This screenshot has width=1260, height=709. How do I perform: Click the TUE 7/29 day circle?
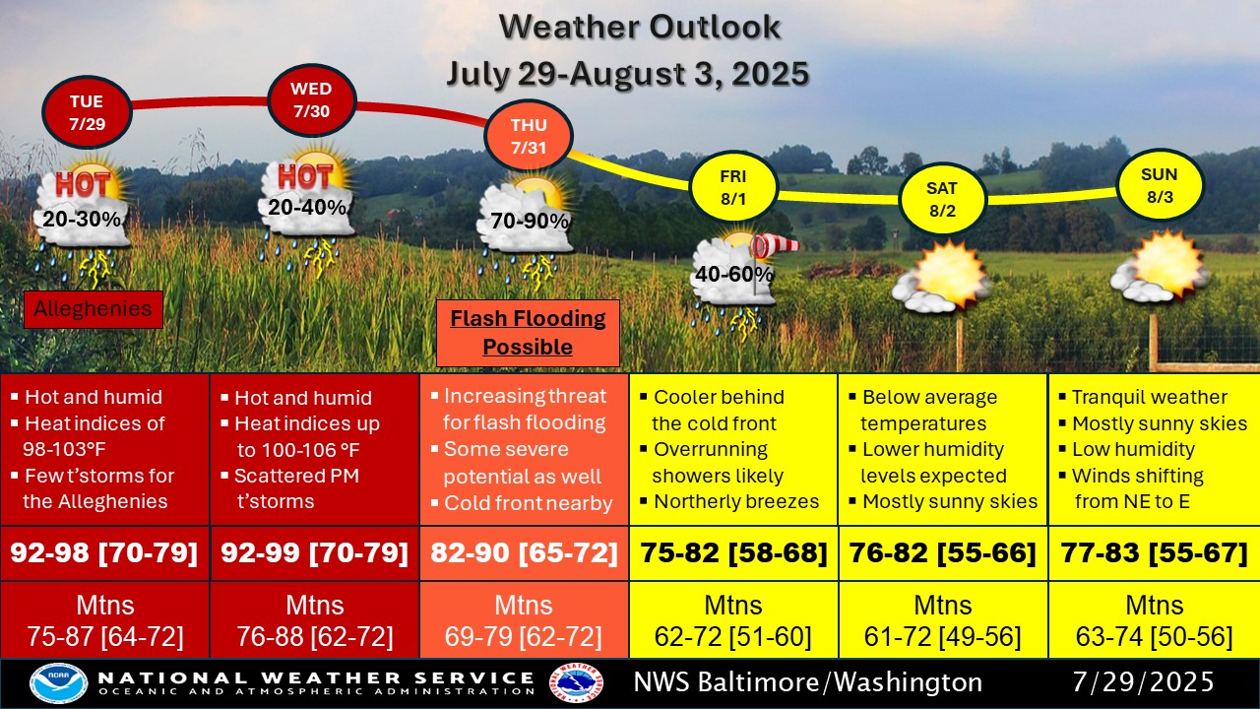(x=87, y=112)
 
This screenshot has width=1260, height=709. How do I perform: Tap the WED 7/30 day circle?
(x=312, y=100)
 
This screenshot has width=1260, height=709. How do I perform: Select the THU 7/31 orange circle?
(x=529, y=136)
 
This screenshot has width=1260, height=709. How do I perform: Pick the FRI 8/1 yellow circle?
(x=733, y=187)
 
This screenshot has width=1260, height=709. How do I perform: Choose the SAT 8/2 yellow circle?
(x=942, y=199)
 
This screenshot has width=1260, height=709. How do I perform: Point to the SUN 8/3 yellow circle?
(x=1160, y=186)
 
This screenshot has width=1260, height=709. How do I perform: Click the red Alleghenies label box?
(x=94, y=309)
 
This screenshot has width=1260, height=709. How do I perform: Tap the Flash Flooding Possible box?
(x=529, y=333)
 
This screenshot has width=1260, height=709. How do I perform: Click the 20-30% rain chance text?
(x=82, y=219)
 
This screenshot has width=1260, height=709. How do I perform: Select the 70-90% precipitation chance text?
(x=530, y=222)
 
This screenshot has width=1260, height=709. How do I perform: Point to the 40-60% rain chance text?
(x=734, y=274)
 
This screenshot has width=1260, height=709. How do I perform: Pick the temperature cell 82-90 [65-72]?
(x=524, y=553)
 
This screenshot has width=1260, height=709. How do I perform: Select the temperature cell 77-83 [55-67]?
(x=1155, y=553)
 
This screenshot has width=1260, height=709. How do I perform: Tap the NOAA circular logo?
(x=58, y=683)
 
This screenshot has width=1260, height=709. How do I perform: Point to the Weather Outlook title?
(x=640, y=27)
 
